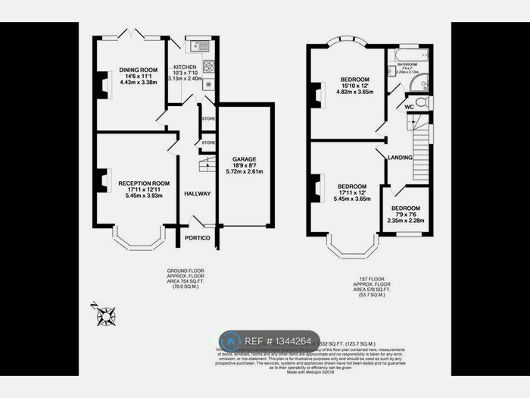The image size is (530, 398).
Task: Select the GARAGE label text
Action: pos(244,159)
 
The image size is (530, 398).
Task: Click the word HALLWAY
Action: pos(198,194)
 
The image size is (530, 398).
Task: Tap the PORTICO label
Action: pos(197,237)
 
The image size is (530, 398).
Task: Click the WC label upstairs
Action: pos(408,107)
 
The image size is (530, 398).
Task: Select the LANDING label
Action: pos(400,158)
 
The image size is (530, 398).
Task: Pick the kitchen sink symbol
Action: pos(203,45)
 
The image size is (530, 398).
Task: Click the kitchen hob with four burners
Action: pos(207,66)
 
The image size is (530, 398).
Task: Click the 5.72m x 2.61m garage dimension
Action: pos(244,171)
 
